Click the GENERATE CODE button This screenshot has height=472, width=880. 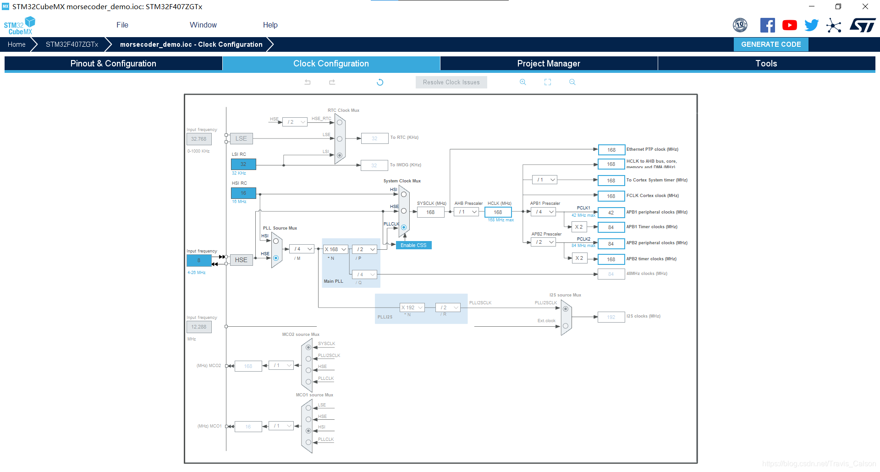(771, 44)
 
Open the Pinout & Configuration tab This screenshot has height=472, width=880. (113, 64)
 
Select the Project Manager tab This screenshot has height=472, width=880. (549, 64)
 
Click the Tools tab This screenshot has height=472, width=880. (766, 64)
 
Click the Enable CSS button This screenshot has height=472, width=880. (413, 245)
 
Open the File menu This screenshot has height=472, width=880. (122, 25)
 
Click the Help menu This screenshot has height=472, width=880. (270, 25)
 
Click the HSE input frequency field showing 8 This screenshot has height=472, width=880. (199, 260)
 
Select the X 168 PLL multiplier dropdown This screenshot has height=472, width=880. (335, 249)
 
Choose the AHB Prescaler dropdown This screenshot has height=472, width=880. (466, 212)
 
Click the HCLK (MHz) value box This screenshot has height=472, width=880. (498, 212)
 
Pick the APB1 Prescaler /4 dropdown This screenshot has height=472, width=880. (543, 212)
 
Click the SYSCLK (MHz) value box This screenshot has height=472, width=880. (430, 212)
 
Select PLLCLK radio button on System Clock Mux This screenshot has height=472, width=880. (404, 227)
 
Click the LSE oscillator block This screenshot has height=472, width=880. (241, 138)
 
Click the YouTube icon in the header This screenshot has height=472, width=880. (789, 25)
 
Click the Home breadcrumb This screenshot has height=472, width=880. (16, 44)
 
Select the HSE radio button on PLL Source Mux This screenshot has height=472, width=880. (276, 258)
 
